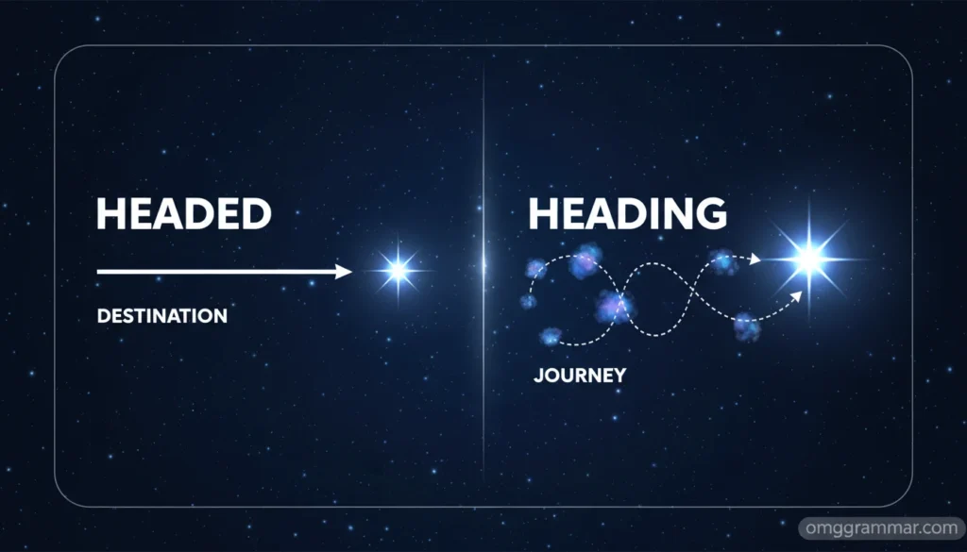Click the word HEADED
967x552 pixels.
click(x=183, y=215)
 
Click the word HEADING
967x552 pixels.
click(x=627, y=214)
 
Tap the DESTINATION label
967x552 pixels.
click(x=161, y=316)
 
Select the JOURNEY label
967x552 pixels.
click(x=579, y=375)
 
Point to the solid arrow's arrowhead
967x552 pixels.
click(x=345, y=272)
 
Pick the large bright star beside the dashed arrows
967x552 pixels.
click(x=809, y=257)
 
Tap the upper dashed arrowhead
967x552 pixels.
click(x=755, y=259)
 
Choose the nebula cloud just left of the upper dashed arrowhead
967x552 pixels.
click(x=724, y=260)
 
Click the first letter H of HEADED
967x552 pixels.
click(x=110, y=215)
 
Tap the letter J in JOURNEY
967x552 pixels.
click(x=538, y=375)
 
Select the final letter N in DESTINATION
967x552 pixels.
click(x=220, y=316)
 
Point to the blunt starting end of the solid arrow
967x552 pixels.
click(x=99, y=272)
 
